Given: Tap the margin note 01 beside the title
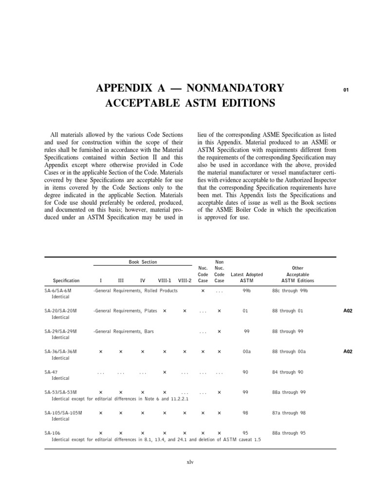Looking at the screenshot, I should click(346, 89).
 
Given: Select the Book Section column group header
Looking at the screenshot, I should click(143, 262).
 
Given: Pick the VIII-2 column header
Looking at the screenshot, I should click(185, 281).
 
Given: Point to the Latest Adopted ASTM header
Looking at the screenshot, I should click(247, 278).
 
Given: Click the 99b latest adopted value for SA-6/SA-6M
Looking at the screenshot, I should click(246, 290).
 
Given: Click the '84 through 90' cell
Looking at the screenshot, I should click(287, 372).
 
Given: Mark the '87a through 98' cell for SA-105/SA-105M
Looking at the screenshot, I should click(289, 413).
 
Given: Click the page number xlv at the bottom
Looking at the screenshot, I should click(189, 462).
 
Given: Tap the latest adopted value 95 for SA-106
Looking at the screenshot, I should click(245, 432).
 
